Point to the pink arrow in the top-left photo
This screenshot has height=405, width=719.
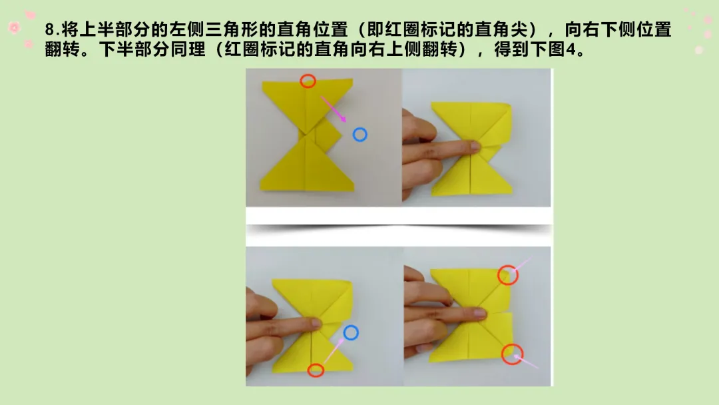pos(334,109)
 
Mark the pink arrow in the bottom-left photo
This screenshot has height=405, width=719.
pos(334,352)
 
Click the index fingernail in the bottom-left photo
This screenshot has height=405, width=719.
pos(316,322)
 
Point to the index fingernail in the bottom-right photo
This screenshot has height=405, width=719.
pos(479,313)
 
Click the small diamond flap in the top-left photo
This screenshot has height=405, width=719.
pos(329,134)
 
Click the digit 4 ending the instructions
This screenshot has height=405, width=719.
pos(571,49)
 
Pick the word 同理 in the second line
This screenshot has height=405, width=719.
pos(188,49)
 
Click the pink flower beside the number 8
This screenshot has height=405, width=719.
pos(14,28)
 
